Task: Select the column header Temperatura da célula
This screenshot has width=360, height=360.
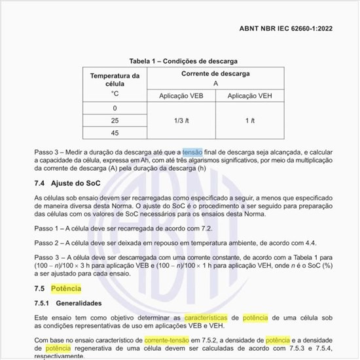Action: pos(115,81)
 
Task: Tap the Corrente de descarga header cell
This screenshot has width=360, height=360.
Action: pos(215,75)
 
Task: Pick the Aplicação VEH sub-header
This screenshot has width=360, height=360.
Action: pos(249,96)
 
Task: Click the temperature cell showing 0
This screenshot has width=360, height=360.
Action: pos(115,108)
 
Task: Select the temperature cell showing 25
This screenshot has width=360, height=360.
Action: pos(115,120)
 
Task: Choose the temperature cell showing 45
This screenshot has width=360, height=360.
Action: pos(115,133)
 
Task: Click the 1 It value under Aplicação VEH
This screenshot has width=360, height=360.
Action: pos(249,120)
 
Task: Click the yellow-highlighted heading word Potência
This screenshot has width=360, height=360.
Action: pos(66,288)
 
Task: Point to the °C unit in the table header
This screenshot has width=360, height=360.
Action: pos(115,94)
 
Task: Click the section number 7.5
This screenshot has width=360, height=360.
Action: pos(39,288)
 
